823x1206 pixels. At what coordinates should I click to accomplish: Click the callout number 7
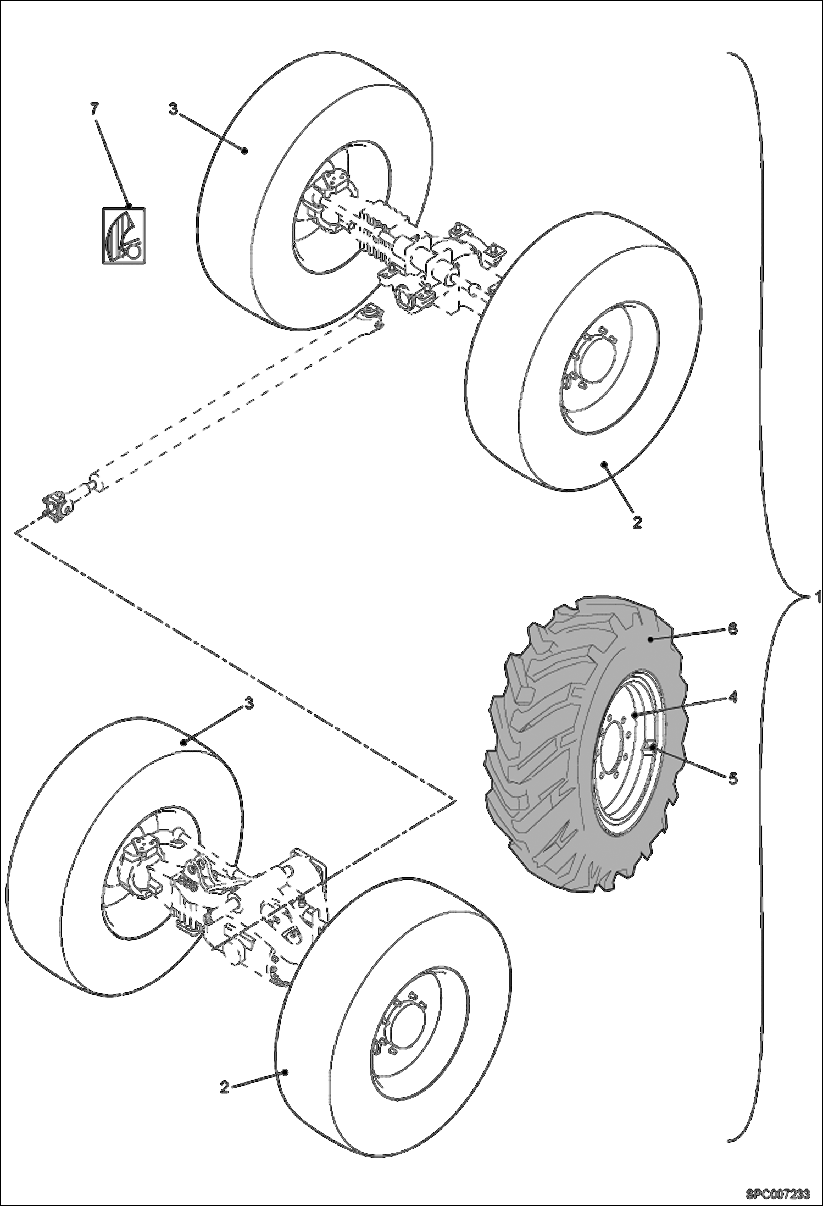[94, 109]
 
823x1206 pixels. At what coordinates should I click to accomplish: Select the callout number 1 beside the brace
[818, 596]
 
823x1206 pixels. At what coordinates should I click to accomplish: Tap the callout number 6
[732, 629]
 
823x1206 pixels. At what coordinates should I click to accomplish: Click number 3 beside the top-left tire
[173, 110]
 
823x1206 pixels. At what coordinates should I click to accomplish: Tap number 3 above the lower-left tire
[248, 703]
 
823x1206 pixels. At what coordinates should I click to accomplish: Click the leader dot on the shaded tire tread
[649, 639]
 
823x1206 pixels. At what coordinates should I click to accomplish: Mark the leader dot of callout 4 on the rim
[633, 716]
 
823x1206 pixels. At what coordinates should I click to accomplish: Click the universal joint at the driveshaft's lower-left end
[57, 507]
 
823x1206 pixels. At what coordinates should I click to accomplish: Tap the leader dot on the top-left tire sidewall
[246, 150]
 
